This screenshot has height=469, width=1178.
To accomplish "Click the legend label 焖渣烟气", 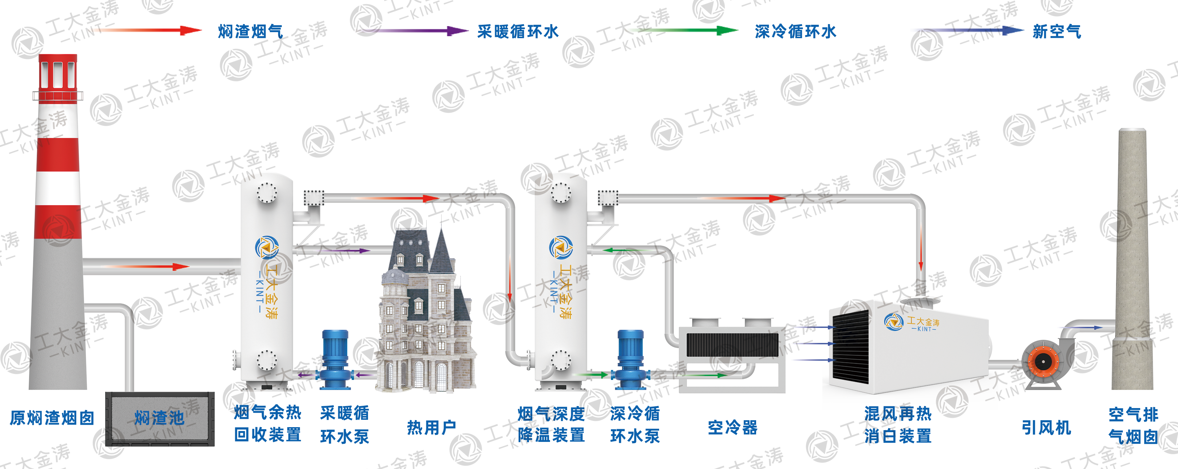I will pyautogui.click(x=250, y=31).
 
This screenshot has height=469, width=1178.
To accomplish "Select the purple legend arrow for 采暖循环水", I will pyautogui.click(x=412, y=31).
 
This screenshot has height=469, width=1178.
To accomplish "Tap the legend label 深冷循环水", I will pyautogui.click(x=795, y=31).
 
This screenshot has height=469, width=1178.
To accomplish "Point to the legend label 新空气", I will pyautogui.click(x=1056, y=31).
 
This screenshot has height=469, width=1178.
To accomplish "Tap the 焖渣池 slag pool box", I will pyautogui.click(x=160, y=418).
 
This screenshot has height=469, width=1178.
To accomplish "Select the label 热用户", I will pyautogui.click(x=431, y=427).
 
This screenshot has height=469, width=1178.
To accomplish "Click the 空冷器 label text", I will pyautogui.click(x=733, y=427).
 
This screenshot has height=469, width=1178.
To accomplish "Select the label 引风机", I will pyautogui.click(x=1046, y=427).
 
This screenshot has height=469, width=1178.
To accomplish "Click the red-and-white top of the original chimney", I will pyautogui.click(x=58, y=73).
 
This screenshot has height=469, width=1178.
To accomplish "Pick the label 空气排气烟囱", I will pyautogui.click(x=1133, y=425).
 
